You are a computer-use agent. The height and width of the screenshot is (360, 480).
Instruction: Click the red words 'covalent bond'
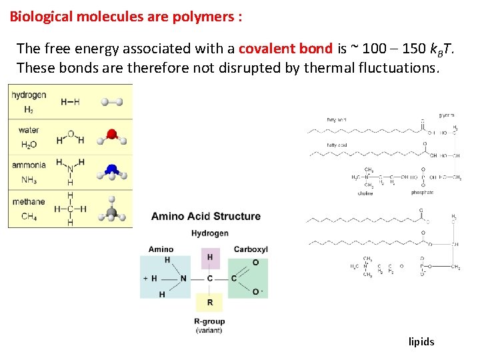point(285,49)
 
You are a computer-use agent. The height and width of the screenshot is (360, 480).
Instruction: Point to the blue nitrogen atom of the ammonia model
point(112,170)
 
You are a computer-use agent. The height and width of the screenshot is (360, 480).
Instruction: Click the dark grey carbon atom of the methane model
point(112,213)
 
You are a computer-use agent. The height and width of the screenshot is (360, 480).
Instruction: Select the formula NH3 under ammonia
point(29,180)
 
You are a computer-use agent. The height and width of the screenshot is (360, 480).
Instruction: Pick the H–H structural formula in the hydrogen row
point(70,102)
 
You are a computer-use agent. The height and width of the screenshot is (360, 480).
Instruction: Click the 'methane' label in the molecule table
point(29,201)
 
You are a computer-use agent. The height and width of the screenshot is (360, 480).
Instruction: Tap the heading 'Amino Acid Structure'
point(206,216)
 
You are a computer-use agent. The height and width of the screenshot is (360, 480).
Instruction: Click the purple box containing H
point(210,257)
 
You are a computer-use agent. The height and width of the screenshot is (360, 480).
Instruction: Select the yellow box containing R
point(210,302)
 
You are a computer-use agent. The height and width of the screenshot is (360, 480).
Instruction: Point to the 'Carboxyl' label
point(251,249)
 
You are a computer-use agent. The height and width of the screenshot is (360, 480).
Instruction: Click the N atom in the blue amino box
point(183,279)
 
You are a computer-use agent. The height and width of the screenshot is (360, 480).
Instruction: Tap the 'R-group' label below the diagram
point(209,321)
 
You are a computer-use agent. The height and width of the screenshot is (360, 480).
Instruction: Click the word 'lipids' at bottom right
point(421,342)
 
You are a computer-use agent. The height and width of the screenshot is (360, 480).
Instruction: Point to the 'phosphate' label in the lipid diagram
point(422,193)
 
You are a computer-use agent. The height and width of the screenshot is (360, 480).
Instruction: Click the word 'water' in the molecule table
point(29,130)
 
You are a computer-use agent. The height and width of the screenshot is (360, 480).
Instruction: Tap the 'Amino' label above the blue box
point(161,249)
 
